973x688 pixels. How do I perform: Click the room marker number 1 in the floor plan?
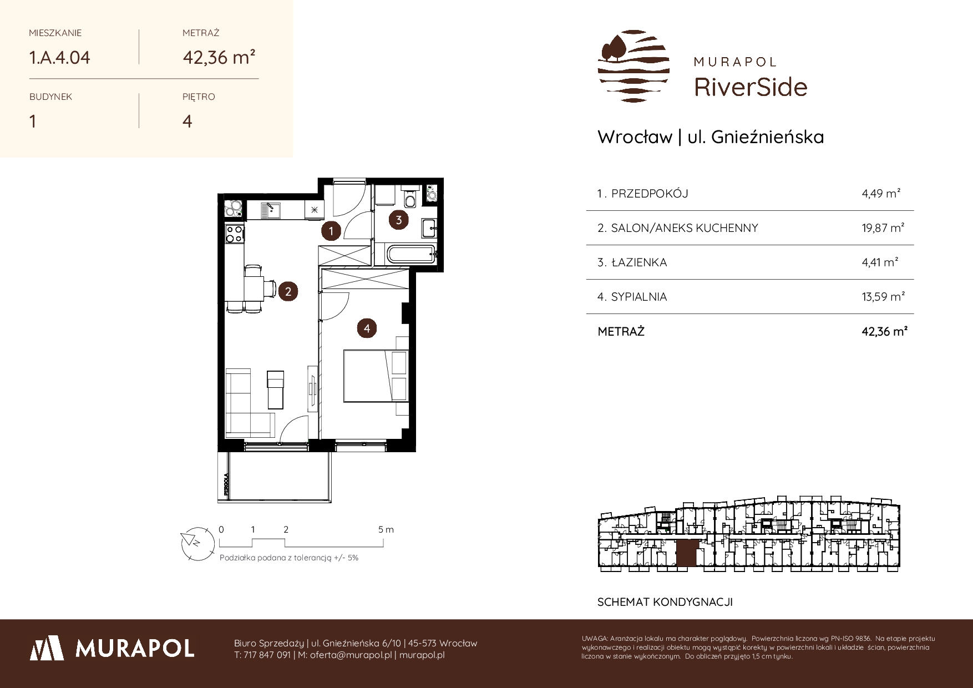(331, 231)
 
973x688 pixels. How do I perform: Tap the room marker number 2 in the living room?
(288, 291)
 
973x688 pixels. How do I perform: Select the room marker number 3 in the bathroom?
(399, 220)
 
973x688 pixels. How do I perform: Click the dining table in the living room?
(254, 289)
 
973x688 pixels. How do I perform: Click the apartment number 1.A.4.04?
(59, 58)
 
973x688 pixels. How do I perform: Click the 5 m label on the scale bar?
(386, 529)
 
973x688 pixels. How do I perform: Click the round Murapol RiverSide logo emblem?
(634, 66)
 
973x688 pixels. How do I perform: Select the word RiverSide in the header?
(751, 87)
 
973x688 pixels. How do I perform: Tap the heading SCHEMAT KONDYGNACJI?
(665, 602)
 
